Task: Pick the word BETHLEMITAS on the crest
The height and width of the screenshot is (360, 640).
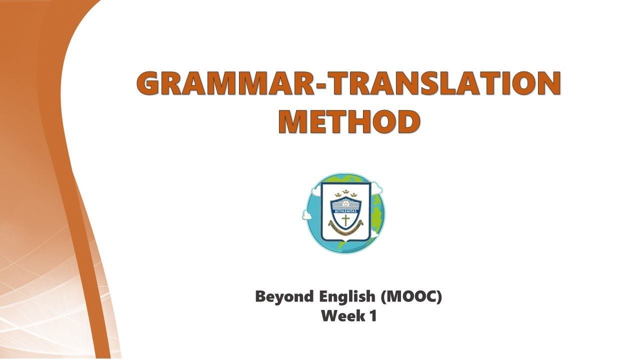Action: pos(345,210)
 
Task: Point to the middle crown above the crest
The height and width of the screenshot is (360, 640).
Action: pos(345,191)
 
